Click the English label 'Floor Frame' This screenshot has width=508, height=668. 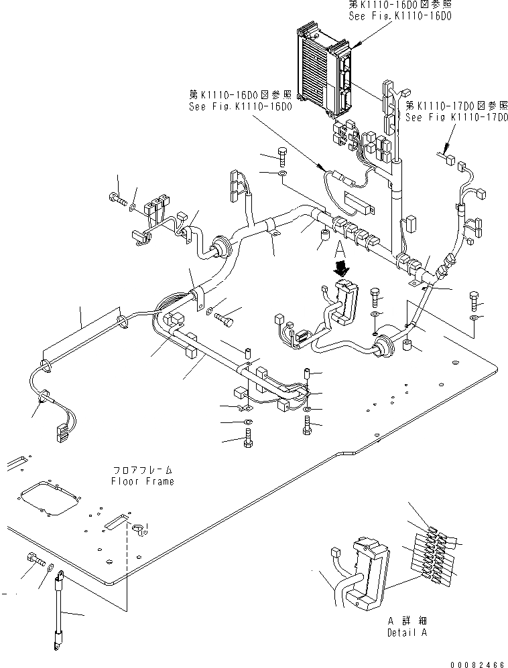coord(142,481)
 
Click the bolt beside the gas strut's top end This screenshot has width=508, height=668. coord(35,558)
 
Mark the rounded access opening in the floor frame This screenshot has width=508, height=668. coord(48,499)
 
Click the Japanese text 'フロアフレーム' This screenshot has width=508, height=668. coord(142,471)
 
